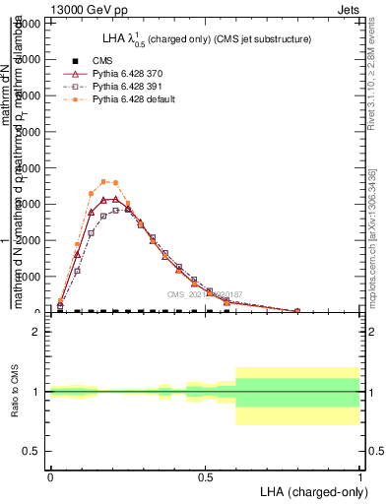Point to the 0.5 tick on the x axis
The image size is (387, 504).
coord(205,476)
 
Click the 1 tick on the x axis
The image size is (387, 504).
coord(360,476)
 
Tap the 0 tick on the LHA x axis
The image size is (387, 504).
coord(50,476)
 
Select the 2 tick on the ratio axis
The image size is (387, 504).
coord(37,332)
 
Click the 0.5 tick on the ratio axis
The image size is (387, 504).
coord(32,451)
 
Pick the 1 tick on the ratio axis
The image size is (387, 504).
coord(37,392)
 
